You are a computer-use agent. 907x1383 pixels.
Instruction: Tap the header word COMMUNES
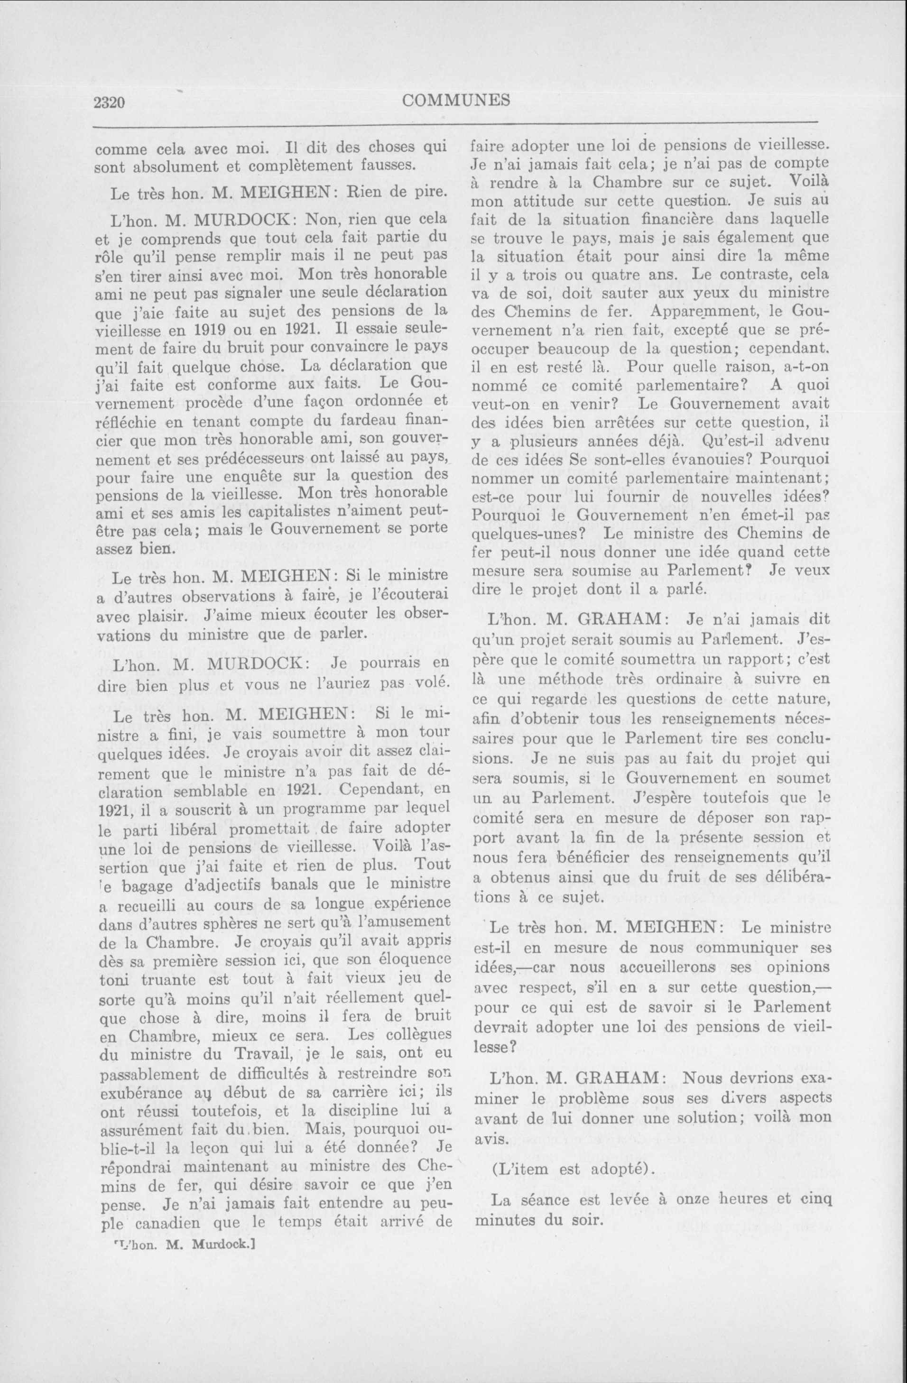tap(456, 100)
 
